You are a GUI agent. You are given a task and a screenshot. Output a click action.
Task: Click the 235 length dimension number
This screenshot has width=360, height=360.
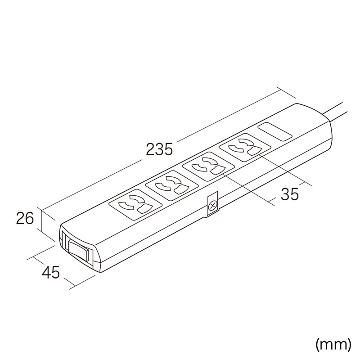pyautogui.click(x=159, y=149)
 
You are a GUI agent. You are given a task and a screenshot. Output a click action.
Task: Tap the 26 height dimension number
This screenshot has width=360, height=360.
pyautogui.click(x=25, y=218)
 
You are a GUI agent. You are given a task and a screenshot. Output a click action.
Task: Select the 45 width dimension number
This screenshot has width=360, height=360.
pyautogui.click(x=51, y=273)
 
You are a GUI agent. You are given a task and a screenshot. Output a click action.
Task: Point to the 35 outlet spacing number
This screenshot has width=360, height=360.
pyautogui.click(x=290, y=194)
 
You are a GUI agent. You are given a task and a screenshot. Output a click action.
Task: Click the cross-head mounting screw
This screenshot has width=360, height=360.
pyautogui.click(x=212, y=206)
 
